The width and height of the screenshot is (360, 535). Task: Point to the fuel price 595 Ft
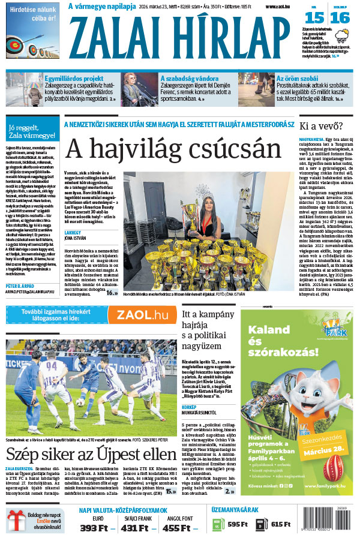point(236,524)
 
